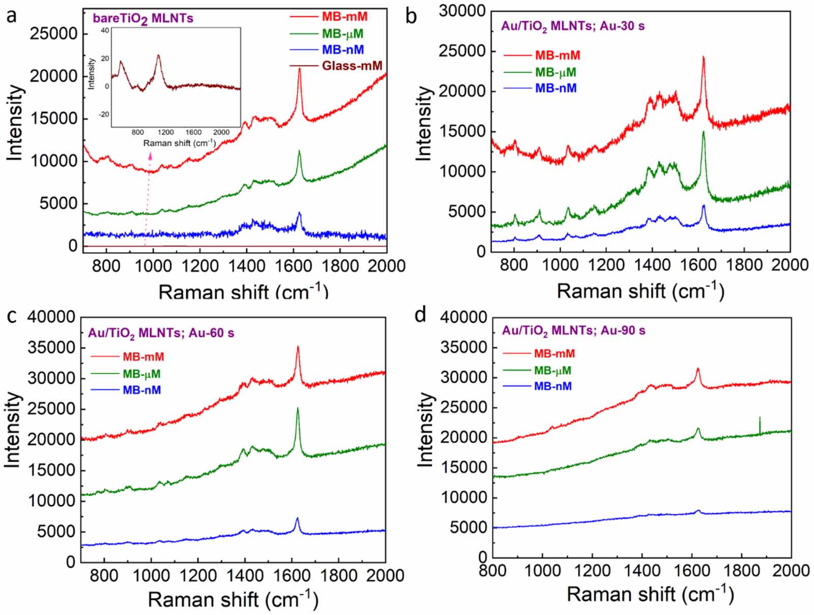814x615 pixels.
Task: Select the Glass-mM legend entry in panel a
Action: [352, 66]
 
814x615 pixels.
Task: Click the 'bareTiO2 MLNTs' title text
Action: [143, 19]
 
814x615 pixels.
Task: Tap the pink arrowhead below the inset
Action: [151, 157]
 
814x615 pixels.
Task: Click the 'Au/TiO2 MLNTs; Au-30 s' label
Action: [573, 26]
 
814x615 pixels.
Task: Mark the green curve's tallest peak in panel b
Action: [704, 132]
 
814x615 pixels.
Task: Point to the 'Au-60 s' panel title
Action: [161, 333]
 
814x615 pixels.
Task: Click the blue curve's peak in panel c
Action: [297, 519]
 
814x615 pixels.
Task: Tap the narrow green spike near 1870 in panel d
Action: [760, 418]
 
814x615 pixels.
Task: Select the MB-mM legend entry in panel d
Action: [554, 353]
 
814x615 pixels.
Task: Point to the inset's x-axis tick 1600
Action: [193, 132]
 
